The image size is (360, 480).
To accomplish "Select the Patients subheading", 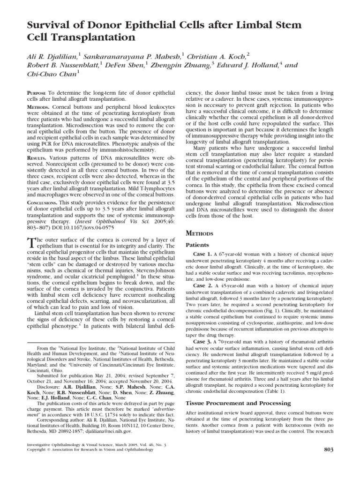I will pos(199,245).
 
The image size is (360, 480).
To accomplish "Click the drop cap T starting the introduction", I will pos(31,243).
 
